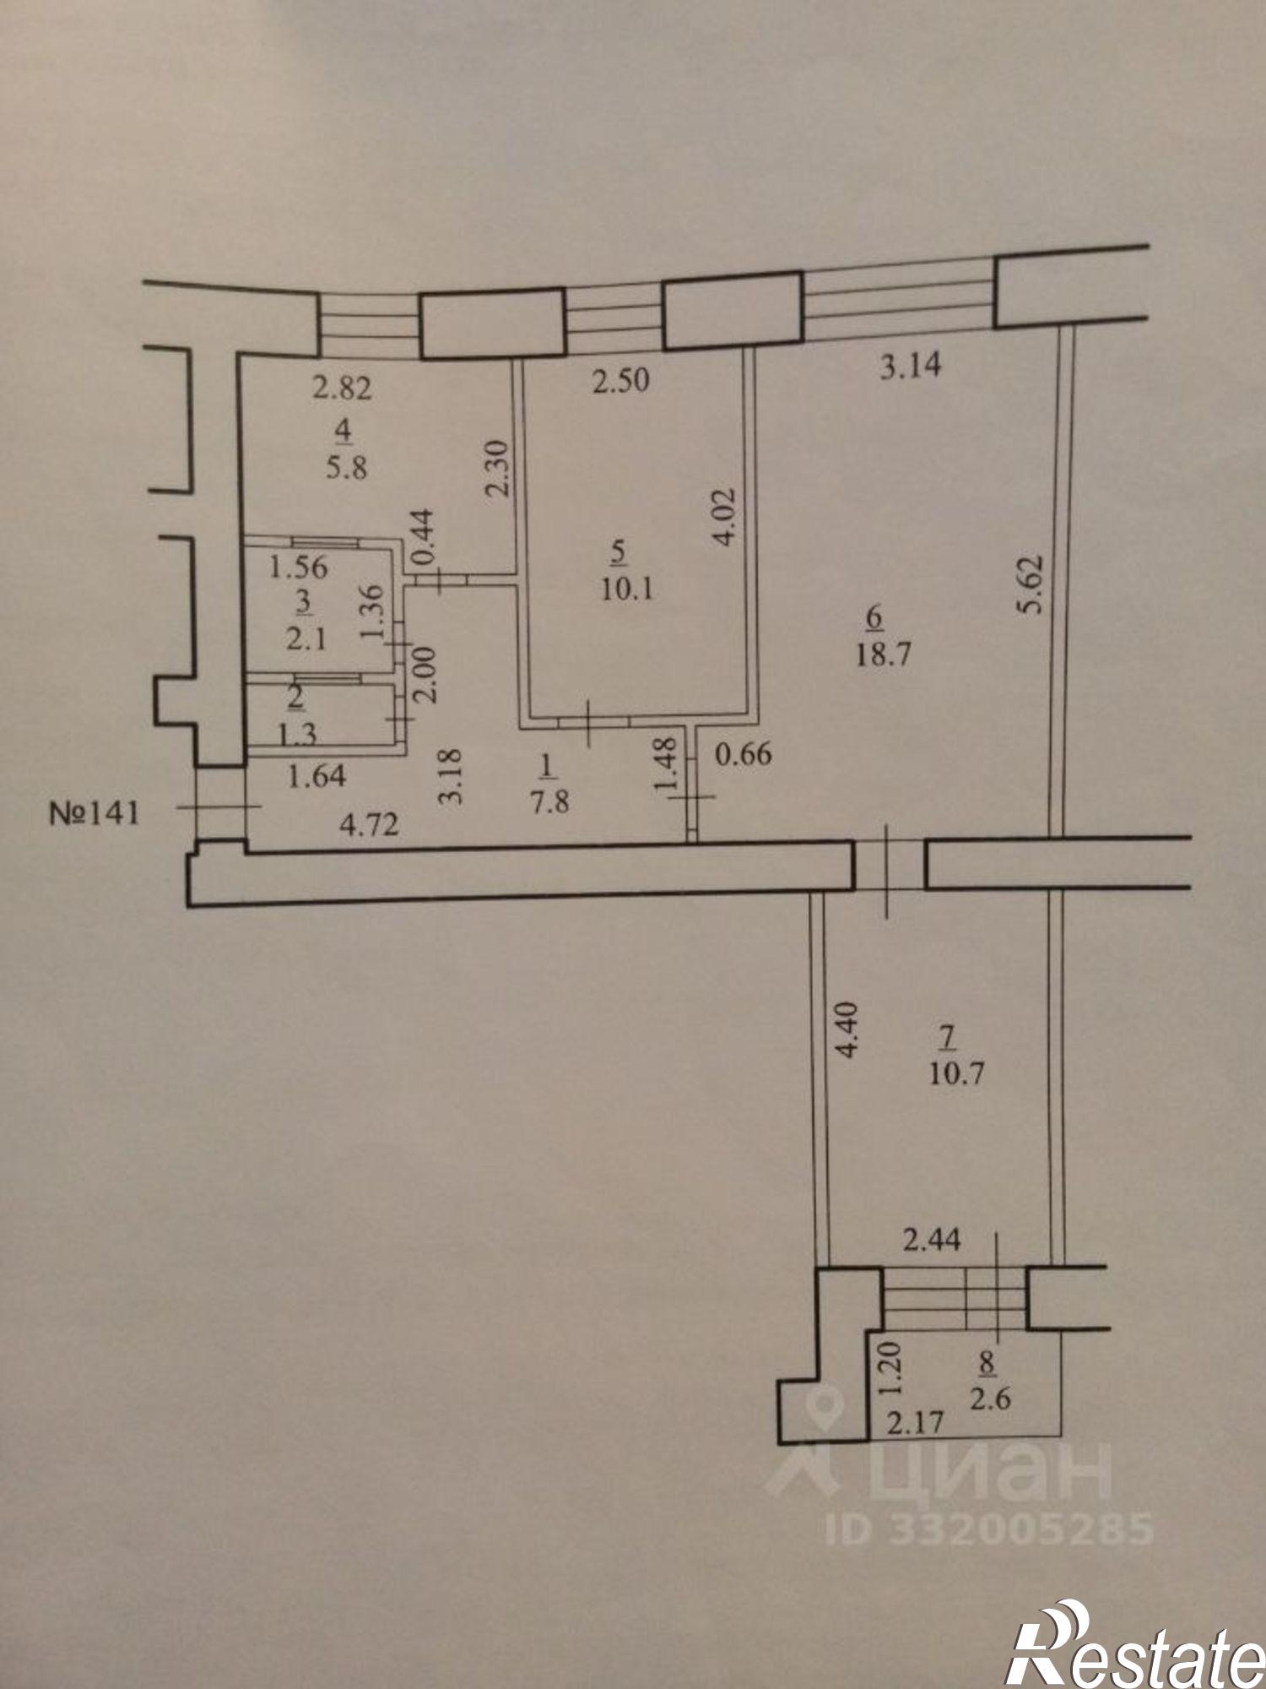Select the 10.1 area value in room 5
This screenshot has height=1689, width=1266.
(628, 589)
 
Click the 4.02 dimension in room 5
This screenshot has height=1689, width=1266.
(727, 518)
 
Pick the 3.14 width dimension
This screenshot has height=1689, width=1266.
(911, 367)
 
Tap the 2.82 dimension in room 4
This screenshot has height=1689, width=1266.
(341, 389)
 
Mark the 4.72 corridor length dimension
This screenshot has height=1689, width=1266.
(368, 824)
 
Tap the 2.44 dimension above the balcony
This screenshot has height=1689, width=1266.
(933, 1241)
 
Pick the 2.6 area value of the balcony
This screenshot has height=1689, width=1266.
(990, 1399)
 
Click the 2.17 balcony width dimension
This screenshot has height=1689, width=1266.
(913, 1423)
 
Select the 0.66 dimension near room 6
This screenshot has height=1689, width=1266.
(743, 752)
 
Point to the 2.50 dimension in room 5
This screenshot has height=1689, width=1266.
(620, 381)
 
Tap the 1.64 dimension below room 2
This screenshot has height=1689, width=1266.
(316, 776)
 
